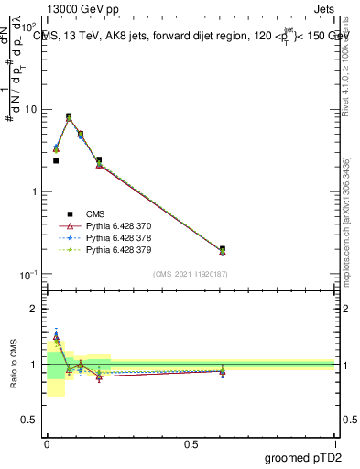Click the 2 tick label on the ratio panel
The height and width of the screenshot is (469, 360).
34,309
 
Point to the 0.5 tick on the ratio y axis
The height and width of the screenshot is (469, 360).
30,421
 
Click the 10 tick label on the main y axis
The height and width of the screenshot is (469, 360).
30,109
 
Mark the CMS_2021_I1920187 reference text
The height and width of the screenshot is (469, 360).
191,274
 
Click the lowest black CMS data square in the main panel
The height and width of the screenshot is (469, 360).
223,249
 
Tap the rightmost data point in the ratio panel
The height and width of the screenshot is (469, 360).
223,371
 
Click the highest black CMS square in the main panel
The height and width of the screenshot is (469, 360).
69,117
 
